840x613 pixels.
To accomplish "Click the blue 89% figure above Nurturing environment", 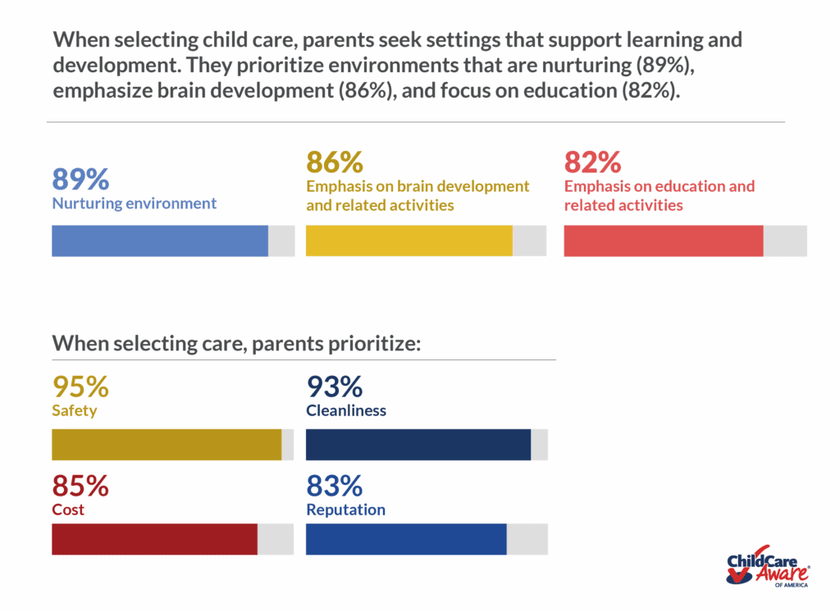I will click(80, 179).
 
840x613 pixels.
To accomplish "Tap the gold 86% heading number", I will click(335, 162).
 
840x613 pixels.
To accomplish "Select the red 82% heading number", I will click(592, 162).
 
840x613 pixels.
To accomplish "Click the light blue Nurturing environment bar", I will click(160, 240).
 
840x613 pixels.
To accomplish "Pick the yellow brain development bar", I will click(409, 240).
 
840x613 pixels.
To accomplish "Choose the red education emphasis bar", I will click(664, 240).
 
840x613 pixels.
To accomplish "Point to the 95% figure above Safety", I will click(80, 386).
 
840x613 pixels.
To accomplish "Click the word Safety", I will click(75, 410).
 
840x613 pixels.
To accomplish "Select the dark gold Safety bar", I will click(167, 445).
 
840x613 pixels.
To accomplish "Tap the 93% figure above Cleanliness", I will click(335, 386).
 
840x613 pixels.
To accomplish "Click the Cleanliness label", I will click(346, 410).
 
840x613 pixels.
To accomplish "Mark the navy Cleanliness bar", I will click(418, 445).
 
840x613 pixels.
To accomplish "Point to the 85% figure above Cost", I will click(80, 486).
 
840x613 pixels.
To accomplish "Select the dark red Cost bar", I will click(154, 539).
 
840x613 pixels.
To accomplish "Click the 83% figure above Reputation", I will click(335, 486).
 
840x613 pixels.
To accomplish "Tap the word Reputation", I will click(345, 510).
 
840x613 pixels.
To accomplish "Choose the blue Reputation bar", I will click(406, 539).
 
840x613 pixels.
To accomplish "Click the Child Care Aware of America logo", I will click(768, 566).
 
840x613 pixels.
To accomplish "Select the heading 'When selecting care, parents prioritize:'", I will click(236, 343).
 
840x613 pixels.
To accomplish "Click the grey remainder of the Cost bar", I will click(276, 539).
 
